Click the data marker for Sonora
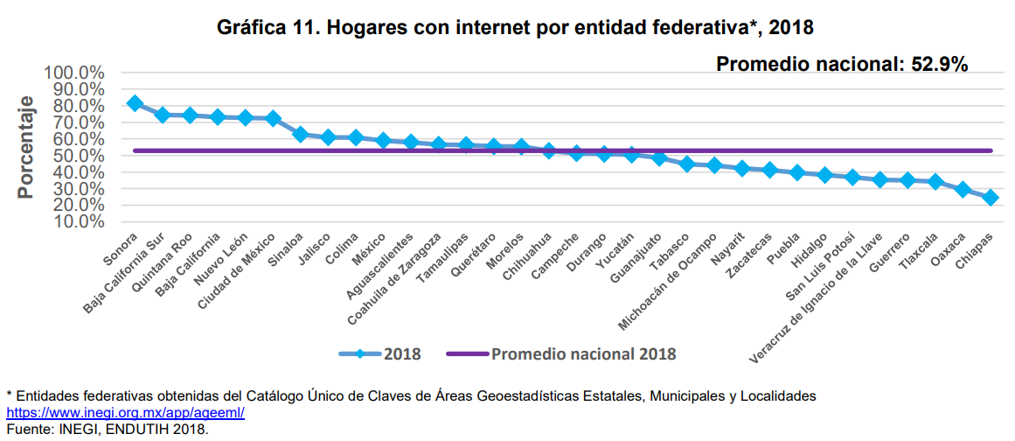click(135, 103)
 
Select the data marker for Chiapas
click(990, 198)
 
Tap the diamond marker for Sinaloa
click(300, 135)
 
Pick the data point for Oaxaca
click(963, 190)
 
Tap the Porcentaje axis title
click(26, 147)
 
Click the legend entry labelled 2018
click(380, 354)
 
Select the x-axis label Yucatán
click(614, 251)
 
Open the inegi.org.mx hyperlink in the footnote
click(125, 411)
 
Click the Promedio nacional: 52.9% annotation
click(841, 64)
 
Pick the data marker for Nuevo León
click(245, 117)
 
